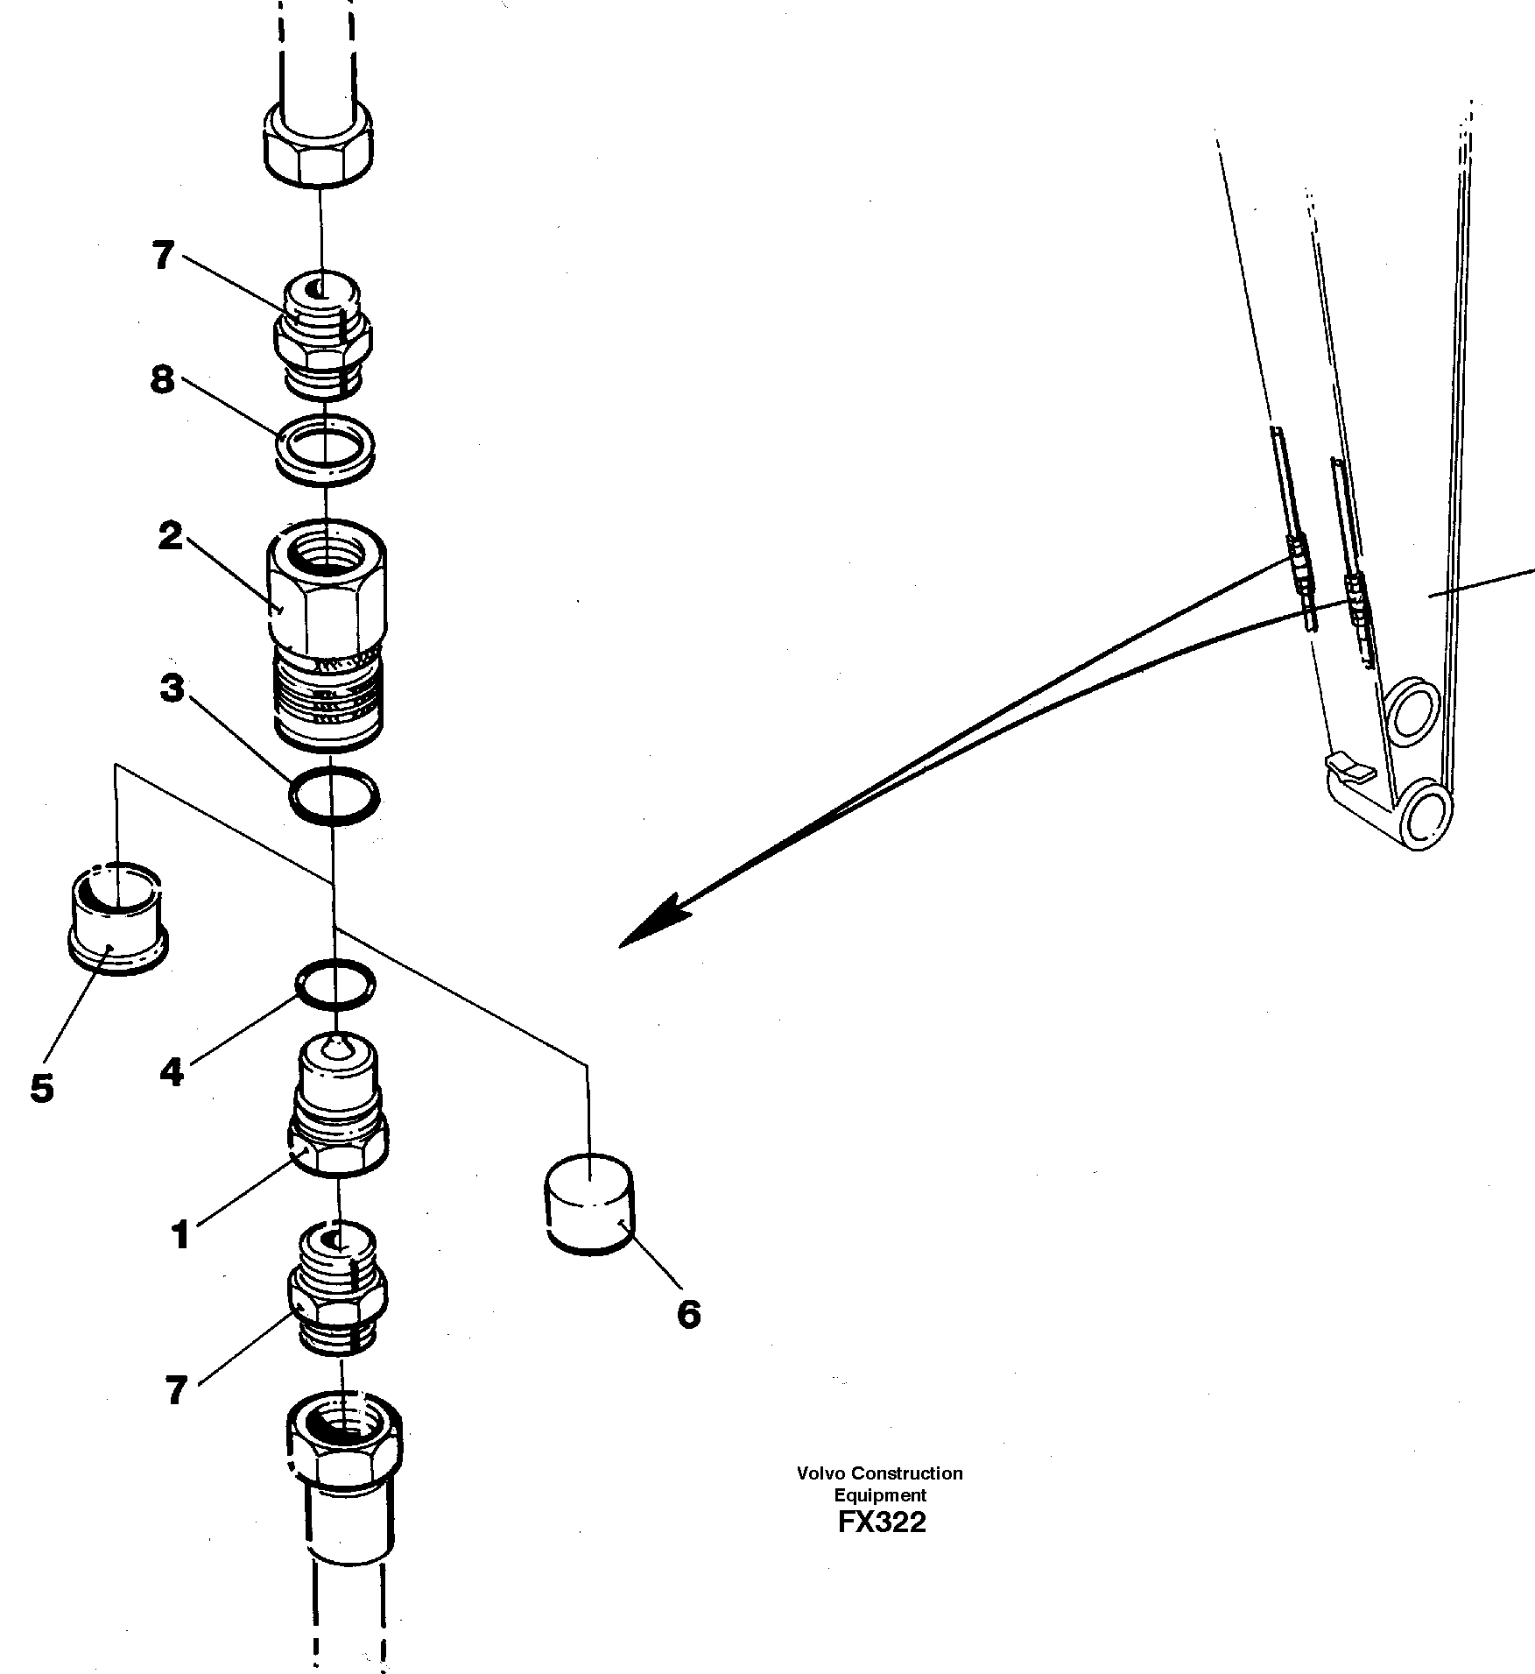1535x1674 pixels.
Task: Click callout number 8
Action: (x=163, y=381)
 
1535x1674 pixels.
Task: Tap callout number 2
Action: (x=171, y=535)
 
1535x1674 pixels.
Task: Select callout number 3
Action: (x=173, y=689)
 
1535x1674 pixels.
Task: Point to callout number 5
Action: (x=41, y=1088)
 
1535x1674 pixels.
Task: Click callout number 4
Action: (x=172, y=1071)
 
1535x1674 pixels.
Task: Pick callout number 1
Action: (x=180, y=1236)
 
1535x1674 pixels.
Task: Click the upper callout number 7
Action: (x=164, y=257)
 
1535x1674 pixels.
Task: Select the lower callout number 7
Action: (x=176, y=1390)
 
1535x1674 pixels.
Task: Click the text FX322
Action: (x=881, y=1522)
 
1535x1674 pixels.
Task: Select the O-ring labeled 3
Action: (x=334, y=795)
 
